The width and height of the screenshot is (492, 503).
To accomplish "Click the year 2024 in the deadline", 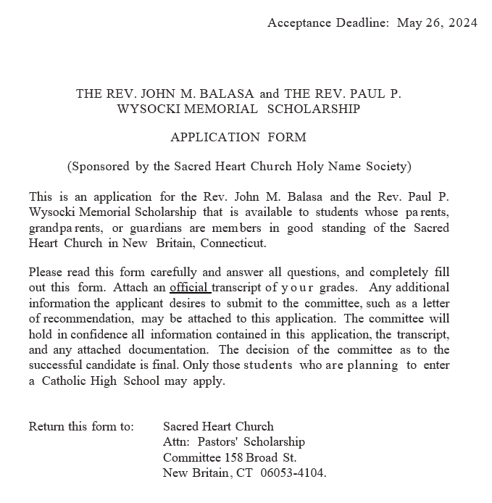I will pyautogui.click(x=463, y=22).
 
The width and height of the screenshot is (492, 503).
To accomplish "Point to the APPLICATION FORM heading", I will pyautogui.click(x=238, y=137).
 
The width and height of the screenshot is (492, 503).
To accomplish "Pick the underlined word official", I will pyautogui.click(x=189, y=287).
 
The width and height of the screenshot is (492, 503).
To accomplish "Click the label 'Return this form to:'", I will pyautogui.click(x=81, y=426).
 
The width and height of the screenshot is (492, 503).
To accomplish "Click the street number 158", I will pyautogui.click(x=233, y=457).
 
